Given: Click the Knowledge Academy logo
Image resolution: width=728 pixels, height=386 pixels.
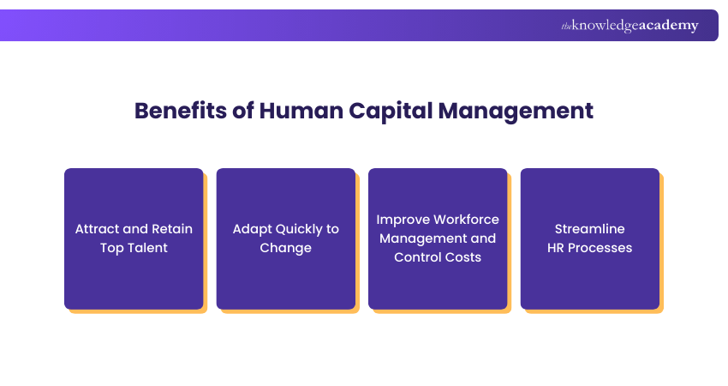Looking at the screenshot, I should pos(630,26).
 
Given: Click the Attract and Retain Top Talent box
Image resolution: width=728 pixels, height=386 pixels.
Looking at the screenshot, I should pos(134,238).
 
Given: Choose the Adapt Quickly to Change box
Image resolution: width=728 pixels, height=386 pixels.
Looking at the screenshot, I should pos(285,238).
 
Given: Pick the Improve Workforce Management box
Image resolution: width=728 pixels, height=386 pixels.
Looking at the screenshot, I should pos(438,238).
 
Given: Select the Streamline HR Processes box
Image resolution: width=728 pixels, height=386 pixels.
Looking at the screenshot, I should pos(590,238).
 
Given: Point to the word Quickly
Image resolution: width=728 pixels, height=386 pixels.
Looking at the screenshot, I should pos(293,229).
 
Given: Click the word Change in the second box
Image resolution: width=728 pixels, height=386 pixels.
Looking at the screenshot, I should pos(286,248).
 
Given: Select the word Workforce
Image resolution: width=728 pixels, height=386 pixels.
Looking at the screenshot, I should pos(466,220).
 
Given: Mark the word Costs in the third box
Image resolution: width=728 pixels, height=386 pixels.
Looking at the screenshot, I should pos(463,257).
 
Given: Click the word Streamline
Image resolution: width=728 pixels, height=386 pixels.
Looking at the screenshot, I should pos(590,229).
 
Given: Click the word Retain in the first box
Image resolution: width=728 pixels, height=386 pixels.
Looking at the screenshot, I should pos(171,229).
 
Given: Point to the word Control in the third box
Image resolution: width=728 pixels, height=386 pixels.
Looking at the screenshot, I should pos(417,257).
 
